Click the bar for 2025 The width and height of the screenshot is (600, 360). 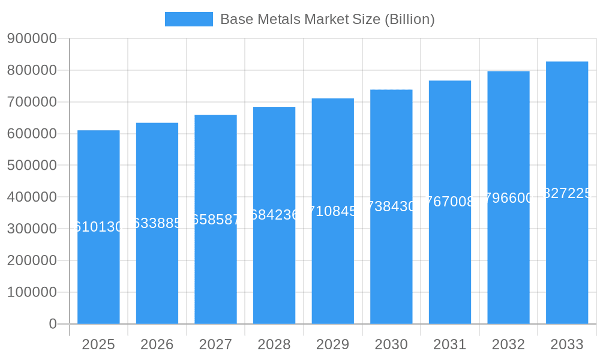[x=98, y=270]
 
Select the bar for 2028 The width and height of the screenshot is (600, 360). [x=274, y=270]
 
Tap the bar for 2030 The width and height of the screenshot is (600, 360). [x=391, y=270]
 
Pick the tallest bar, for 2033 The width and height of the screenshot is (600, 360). [x=567, y=270]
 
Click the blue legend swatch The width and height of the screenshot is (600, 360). [x=188, y=19]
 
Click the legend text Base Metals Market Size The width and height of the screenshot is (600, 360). [x=327, y=19]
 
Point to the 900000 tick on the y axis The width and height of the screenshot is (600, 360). [x=32, y=38]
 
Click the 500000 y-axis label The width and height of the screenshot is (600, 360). [x=32, y=165]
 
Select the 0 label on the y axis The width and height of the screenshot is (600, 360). [x=52, y=324]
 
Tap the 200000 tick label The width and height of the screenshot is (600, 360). [x=32, y=260]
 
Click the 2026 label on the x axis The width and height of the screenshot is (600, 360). [x=157, y=344]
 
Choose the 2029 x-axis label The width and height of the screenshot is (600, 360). [x=333, y=344]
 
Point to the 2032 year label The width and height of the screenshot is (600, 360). [x=508, y=344]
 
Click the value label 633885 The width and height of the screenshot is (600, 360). [x=157, y=223]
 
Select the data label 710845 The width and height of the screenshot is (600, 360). [x=333, y=211]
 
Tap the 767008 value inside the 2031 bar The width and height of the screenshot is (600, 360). [x=450, y=202]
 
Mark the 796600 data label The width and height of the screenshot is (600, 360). [x=508, y=198]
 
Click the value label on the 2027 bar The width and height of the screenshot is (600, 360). [x=216, y=219]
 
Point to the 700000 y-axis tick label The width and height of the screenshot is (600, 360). [x=32, y=102]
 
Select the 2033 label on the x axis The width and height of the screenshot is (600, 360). [x=567, y=344]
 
